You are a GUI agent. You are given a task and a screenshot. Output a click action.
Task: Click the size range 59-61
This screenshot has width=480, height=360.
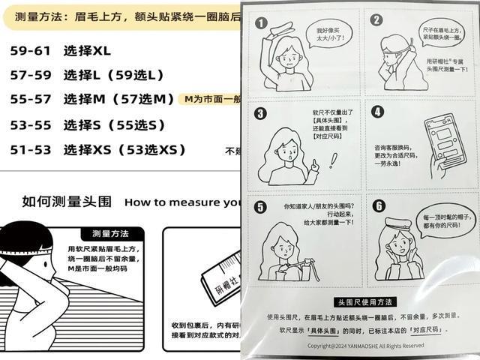pos(31,51)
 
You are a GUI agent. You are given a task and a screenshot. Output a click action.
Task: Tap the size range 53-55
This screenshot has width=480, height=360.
pos(31,124)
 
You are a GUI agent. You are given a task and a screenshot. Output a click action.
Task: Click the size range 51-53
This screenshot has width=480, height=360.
pos(31,149)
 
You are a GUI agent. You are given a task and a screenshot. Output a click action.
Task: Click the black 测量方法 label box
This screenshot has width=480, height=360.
pos(110,232)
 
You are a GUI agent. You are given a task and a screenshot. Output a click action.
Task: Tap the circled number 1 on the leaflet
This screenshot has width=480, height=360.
pos(261,23)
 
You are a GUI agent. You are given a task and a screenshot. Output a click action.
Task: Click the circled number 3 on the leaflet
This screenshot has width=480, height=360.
pos(261,113)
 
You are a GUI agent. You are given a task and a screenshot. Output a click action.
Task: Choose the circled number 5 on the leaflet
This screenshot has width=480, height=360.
pos(260,208)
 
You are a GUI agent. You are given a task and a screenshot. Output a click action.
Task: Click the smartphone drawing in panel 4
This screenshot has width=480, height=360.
pos(440,137)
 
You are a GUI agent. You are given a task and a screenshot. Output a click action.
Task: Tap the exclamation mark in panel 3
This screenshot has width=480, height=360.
pos(332,160)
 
